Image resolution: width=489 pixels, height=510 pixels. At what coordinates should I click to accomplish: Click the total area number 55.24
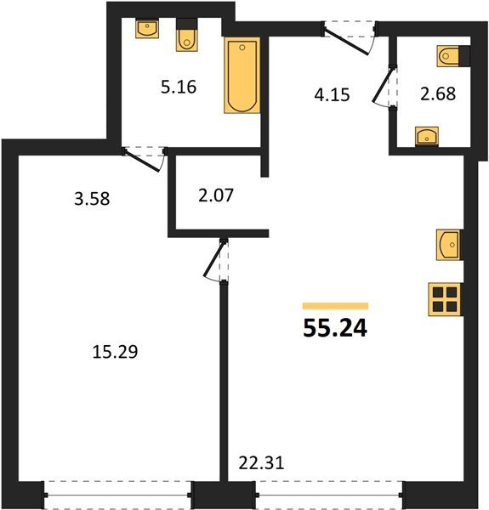(x=335, y=328)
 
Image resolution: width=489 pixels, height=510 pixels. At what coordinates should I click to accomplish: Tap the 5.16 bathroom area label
(x=179, y=88)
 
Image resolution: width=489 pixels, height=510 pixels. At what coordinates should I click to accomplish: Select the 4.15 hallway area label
(x=332, y=95)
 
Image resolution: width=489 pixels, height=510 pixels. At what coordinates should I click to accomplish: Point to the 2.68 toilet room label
(x=438, y=93)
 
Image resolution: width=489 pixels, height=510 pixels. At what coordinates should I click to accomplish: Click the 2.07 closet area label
(x=216, y=195)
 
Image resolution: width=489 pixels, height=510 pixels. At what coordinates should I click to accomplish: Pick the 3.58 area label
(x=92, y=199)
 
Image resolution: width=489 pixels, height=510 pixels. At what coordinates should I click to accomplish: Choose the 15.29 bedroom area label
(x=115, y=352)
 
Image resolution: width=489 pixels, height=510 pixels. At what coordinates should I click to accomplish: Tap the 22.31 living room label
(x=261, y=463)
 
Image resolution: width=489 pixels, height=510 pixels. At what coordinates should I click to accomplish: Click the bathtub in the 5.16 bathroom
(x=242, y=75)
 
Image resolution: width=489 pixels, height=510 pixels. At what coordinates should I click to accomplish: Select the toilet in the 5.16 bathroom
(x=187, y=35)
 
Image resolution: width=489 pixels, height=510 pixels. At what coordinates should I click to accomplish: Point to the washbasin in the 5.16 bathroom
(x=147, y=29)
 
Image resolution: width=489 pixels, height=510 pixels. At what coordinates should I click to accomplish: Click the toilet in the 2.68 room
(x=453, y=56)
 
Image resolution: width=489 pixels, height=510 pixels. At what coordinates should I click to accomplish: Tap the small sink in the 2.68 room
(x=427, y=136)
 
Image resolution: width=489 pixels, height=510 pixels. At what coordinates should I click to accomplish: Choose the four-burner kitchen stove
(x=445, y=299)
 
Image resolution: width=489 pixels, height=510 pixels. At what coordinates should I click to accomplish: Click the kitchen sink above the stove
(x=449, y=245)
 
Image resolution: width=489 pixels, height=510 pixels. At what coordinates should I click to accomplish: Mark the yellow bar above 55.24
(x=335, y=306)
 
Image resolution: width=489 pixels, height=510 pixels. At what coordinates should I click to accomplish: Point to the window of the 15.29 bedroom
(x=117, y=495)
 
